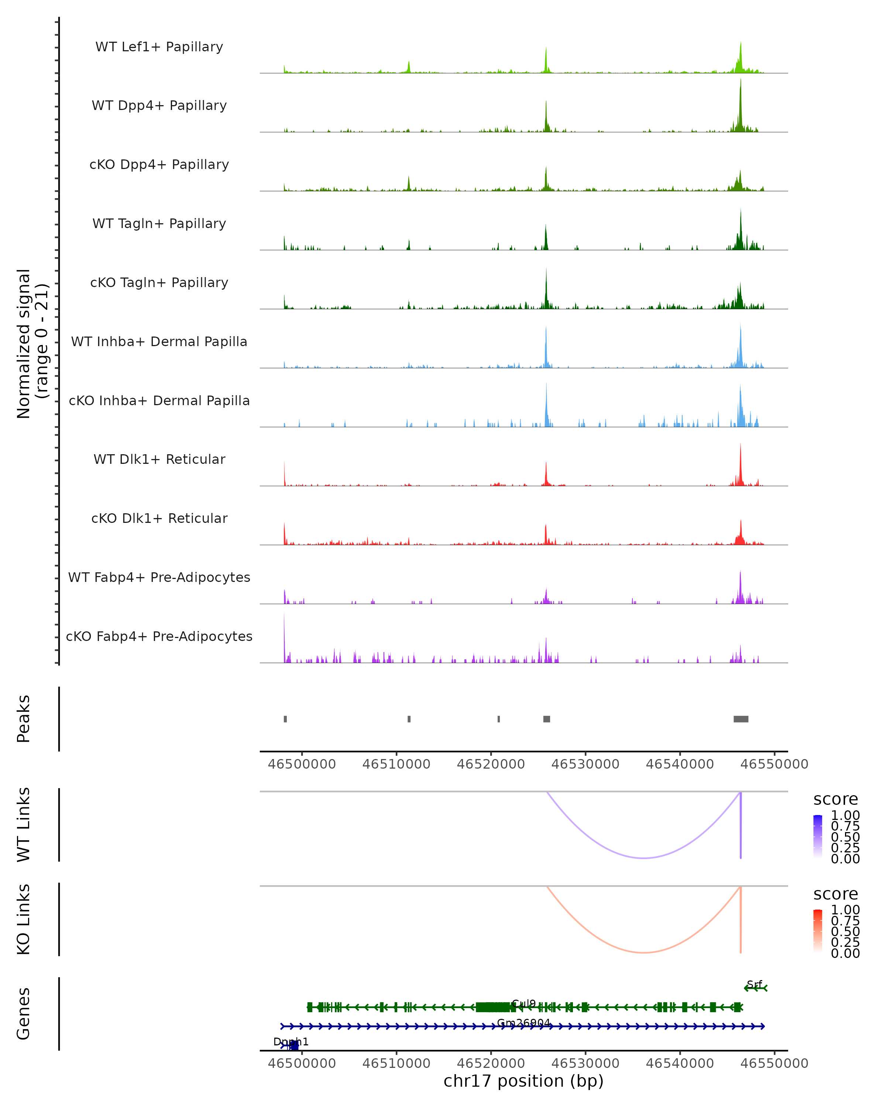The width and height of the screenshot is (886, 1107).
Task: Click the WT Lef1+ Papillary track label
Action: tap(159, 47)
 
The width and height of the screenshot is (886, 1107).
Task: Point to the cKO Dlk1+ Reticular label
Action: tap(159, 518)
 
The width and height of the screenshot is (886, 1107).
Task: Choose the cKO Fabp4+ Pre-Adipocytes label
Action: tap(159, 636)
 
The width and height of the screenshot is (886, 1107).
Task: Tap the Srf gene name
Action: tap(754, 984)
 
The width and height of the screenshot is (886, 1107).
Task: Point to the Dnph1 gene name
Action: tap(291, 1042)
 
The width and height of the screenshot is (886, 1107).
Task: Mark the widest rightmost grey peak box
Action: tap(741, 719)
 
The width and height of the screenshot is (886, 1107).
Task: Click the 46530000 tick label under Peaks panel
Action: tap(585, 764)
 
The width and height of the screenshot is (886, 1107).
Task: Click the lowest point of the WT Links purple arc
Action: tap(643, 858)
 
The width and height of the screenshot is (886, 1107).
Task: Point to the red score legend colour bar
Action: tap(818, 931)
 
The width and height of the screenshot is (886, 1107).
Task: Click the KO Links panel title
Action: tap(24, 919)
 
